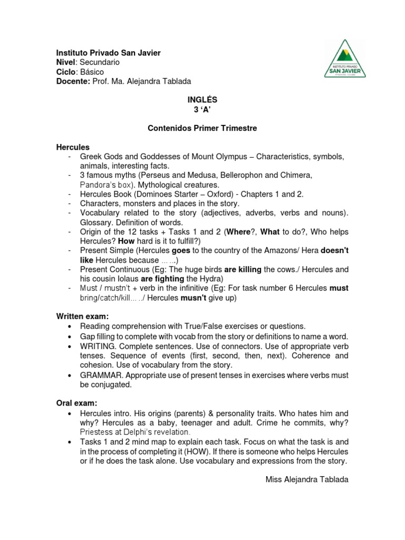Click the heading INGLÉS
pos(202,100)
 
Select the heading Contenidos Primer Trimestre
pos(202,128)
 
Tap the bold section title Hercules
pos(73,147)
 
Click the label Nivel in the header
pos(66,62)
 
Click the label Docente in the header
pos(73,81)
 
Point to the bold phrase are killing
pos(243,269)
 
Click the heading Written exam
pos(82,317)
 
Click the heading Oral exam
pos(76,403)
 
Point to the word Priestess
pos(97,432)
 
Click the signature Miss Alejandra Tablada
pos(306,479)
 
